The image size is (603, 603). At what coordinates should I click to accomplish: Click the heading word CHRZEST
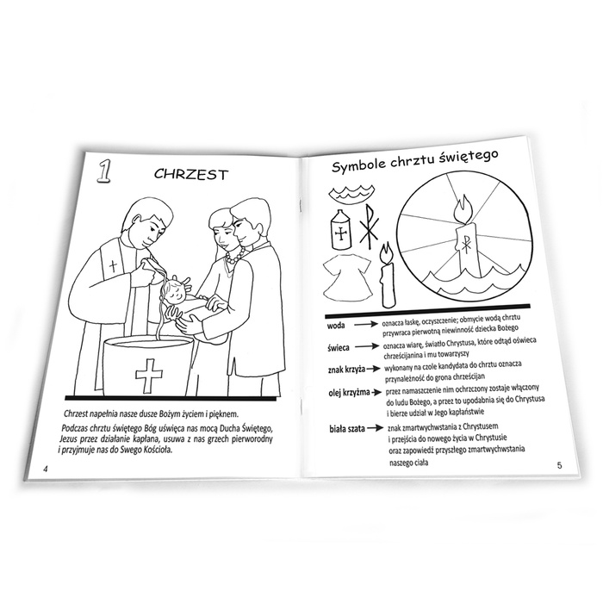click(x=191, y=174)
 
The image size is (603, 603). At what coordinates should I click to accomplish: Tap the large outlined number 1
click(x=103, y=171)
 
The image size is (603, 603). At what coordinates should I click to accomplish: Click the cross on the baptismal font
click(x=149, y=376)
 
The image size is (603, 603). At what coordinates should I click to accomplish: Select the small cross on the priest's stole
click(x=113, y=265)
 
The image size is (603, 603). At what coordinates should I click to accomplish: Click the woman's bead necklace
click(x=234, y=257)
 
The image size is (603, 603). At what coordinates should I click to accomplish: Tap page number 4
click(x=46, y=469)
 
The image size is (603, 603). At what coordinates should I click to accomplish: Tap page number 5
click(x=560, y=465)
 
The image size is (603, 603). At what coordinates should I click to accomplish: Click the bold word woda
click(x=336, y=326)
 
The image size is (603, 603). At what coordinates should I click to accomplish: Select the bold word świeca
click(x=339, y=348)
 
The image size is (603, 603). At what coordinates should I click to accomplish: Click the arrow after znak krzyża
click(x=373, y=369)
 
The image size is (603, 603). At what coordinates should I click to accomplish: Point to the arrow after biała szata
click(x=376, y=427)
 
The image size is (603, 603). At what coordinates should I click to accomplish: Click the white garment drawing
click(x=347, y=278)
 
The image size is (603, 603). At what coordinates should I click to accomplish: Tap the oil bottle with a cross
click(x=340, y=230)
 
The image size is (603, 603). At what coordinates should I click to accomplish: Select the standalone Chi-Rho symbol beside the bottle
click(x=369, y=226)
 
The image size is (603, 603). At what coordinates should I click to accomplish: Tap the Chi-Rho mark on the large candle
click(x=465, y=245)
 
